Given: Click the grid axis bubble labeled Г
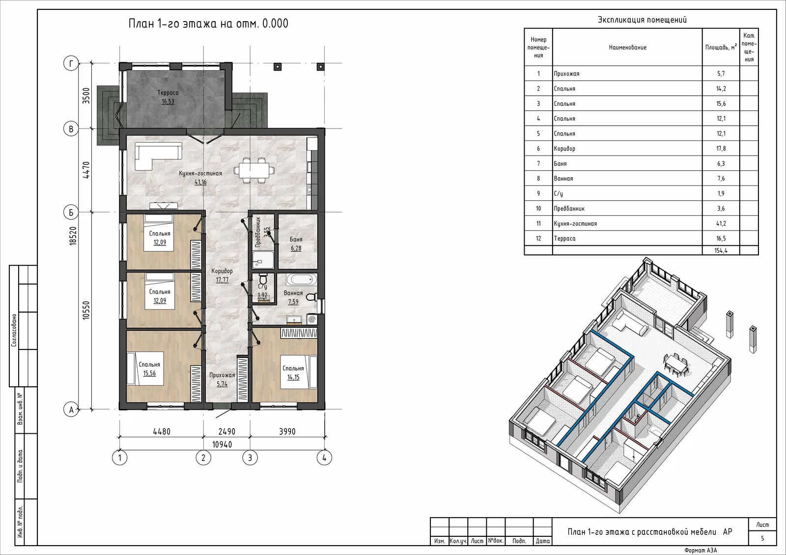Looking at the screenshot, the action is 71,63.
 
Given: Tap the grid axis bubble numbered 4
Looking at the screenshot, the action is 324,457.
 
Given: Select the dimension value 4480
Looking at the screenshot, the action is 162,431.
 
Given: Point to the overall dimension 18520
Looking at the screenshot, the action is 73,235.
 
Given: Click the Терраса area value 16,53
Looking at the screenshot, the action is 168,102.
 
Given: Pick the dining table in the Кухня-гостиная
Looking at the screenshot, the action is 254,170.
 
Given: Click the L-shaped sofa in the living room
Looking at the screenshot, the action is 158,156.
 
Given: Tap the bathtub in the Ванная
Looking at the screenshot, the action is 302,279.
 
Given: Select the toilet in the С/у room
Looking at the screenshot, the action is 263,279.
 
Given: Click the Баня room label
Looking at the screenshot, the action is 296,239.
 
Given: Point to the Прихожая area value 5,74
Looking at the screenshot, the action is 222,384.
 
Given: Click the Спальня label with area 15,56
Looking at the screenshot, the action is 149,364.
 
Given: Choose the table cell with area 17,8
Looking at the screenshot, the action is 721,148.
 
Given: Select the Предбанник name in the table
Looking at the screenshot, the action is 569,209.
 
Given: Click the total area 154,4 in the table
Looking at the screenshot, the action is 721,250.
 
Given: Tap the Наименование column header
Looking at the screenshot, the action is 627,47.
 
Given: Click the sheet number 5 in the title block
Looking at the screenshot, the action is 762,538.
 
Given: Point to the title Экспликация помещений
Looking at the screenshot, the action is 642,20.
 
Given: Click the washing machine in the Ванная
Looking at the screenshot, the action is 312,319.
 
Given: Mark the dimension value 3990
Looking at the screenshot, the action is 287,431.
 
